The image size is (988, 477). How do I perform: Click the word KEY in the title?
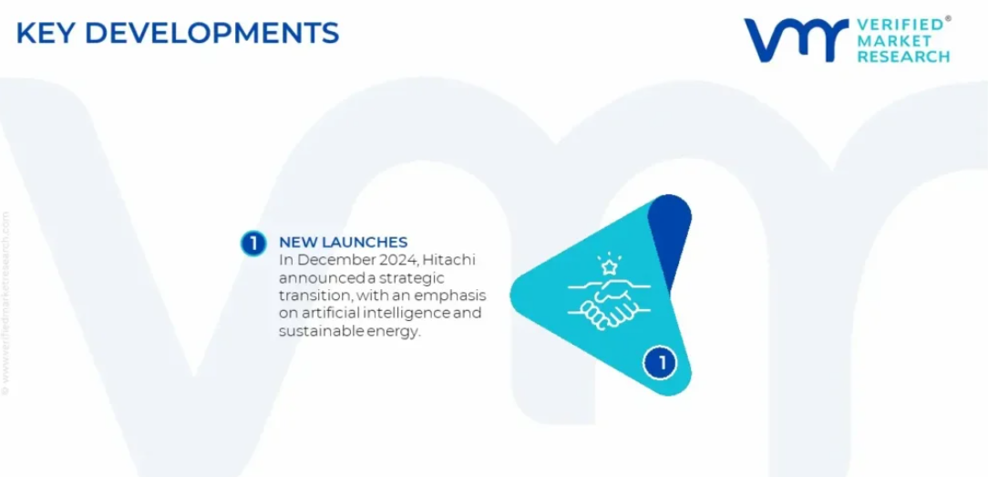coord(45,34)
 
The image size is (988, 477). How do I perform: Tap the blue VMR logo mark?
coord(796,40)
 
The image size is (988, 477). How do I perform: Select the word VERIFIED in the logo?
coord(899,25)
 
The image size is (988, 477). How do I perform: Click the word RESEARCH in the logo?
coord(903,56)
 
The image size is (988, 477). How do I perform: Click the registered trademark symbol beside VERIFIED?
coord(947,19)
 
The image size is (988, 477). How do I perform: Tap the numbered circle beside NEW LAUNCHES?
coord(253,244)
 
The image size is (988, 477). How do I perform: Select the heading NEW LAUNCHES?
coord(343,242)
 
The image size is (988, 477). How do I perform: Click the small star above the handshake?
coord(610,267)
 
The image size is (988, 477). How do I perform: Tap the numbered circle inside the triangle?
coord(660,363)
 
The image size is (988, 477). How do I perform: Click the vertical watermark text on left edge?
coord(5,303)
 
